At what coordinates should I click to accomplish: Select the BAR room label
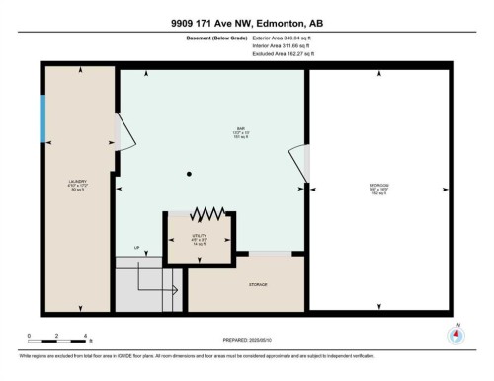click(x=211, y=127)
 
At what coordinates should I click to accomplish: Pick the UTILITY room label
click(x=199, y=237)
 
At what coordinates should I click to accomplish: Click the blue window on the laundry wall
click(x=42, y=120)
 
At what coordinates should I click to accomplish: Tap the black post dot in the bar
click(x=189, y=175)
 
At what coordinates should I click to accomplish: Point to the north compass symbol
click(x=455, y=334)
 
